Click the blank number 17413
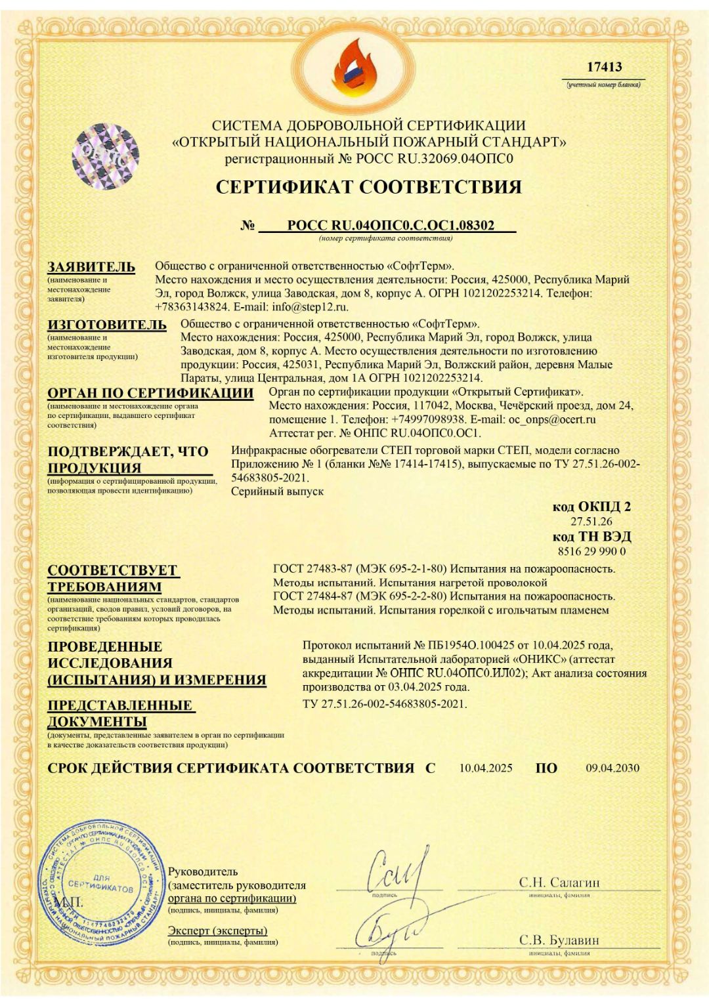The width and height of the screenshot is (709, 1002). coord(604,67)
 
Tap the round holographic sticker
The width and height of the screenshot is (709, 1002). coord(106,157)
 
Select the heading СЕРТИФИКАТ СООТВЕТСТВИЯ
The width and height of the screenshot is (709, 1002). coord(368,187)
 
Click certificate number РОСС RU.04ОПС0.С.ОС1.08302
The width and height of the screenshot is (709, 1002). coord(391,226)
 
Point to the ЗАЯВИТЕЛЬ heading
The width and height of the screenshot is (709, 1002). coord(91,267)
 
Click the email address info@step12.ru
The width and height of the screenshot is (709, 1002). coord(311,306)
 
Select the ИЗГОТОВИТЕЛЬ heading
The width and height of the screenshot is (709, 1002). coord(107,325)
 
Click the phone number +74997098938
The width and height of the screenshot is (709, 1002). coord(428,419)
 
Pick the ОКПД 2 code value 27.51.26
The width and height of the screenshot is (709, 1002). coord(591,522)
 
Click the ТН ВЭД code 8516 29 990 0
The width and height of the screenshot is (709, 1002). coord(591,551)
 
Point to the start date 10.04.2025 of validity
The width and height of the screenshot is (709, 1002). coord(486,768)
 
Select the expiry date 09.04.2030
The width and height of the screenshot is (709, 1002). coord(612,768)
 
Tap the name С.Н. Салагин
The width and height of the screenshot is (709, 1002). coord(559,883)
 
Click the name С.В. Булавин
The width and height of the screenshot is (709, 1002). coord(559,940)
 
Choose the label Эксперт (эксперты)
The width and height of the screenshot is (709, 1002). coord(217,930)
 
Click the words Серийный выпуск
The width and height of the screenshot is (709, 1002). coord(277,491)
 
